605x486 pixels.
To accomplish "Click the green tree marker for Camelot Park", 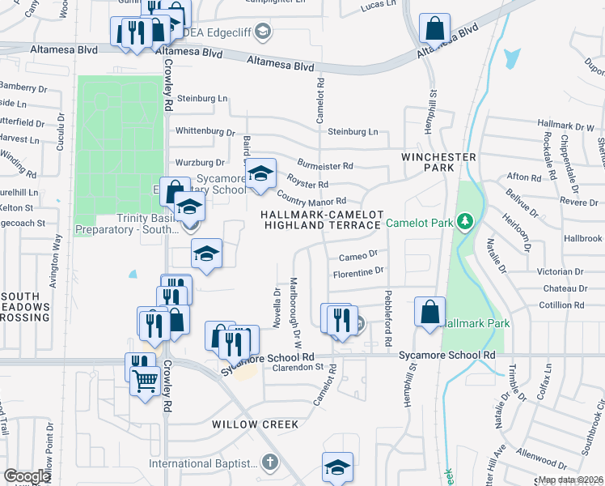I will [464, 221].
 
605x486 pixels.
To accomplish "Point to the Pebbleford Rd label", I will [388, 309].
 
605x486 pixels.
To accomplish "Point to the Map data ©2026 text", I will [571, 480].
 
